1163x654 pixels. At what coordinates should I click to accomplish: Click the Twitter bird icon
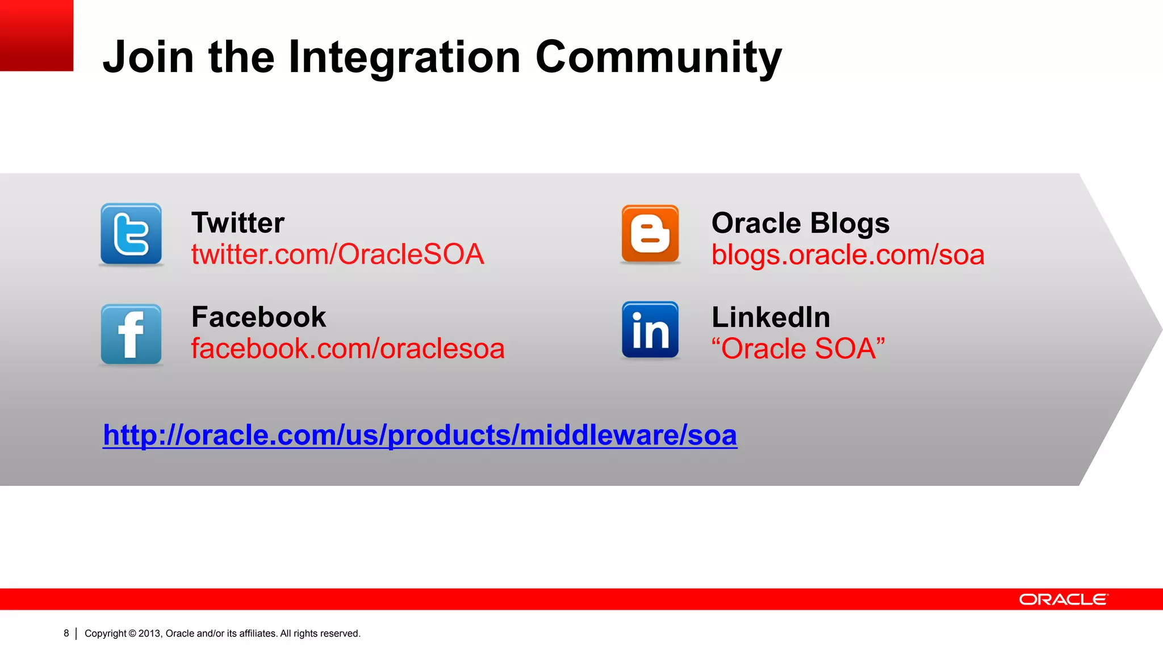coord(131,234)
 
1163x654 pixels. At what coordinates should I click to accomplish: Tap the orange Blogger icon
coord(650,234)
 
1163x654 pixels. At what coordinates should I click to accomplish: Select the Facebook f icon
coord(131,334)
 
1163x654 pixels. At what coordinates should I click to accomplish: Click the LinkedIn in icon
coord(650,330)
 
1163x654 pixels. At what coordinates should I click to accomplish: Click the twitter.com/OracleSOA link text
coord(337,254)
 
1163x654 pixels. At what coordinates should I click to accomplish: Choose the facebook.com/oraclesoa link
coord(348,349)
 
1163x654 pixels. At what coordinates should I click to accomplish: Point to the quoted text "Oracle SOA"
coord(798,349)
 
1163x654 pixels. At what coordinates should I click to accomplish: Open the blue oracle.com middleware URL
coord(420,435)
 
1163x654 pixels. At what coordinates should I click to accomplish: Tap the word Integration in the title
coord(404,57)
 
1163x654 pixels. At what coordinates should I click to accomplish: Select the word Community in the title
coord(658,57)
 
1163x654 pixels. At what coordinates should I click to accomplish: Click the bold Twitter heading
coord(237,223)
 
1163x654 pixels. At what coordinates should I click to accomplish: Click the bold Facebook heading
coord(258,317)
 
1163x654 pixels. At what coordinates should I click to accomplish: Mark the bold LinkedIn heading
coord(771,317)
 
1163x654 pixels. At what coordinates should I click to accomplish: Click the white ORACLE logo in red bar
coord(1063,599)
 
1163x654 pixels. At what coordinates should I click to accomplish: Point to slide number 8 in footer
coord(66,633)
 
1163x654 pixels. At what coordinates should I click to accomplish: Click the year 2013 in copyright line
coord(150,634)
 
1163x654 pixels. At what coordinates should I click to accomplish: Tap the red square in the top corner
coord(36,35)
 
